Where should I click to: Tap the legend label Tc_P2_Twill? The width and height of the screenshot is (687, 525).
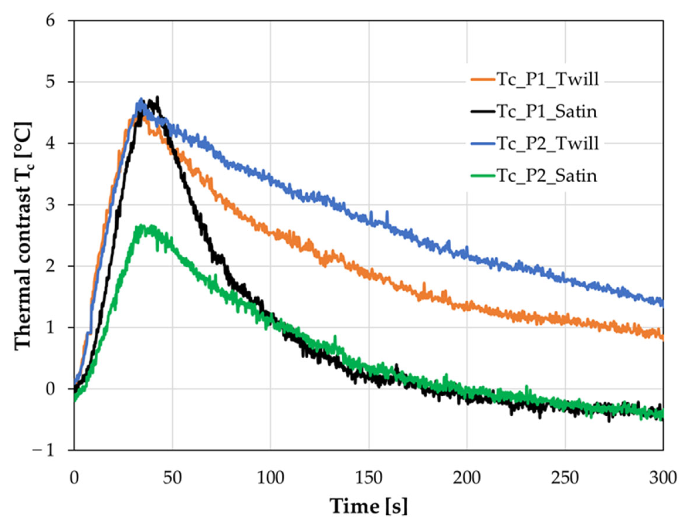pos(547,143)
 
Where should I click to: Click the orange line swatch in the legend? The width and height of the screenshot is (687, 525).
pos(483,80)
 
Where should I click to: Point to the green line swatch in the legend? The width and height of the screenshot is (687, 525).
pos(483,176)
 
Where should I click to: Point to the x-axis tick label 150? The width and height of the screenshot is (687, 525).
pos(369,479)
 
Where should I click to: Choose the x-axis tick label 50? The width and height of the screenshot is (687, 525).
pos(172,479)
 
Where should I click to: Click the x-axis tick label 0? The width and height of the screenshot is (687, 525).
pos(74,479)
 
